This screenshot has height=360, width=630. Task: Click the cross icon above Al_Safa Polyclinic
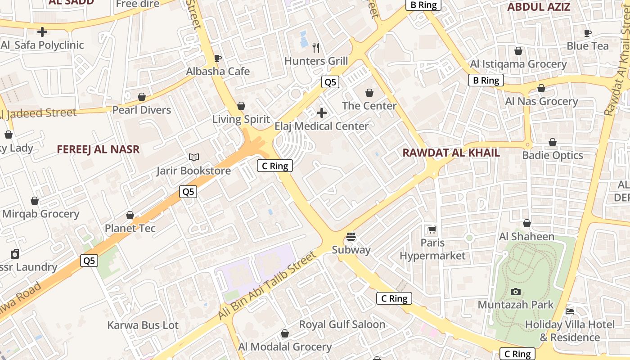tap(42, 32)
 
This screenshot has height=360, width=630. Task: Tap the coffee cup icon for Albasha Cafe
tap(218, 58)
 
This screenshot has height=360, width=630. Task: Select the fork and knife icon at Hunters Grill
tap(316, 47)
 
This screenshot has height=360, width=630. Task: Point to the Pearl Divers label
tap(142, 110)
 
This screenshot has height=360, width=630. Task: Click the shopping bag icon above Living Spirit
tap(241, 106)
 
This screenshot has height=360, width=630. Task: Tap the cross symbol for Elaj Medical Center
tap(322, 113)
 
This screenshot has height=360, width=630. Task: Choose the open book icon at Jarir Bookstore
tap(194, 157)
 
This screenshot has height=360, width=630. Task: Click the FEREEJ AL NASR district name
tap(98, 149)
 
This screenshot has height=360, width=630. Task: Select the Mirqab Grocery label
tap(41, 214)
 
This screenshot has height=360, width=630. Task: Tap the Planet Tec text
tap(130, 228)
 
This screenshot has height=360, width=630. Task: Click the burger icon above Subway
tap(351, 237)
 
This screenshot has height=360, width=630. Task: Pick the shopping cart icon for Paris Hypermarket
tap(432, 230)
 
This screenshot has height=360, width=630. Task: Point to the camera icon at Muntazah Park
tap(516, 292)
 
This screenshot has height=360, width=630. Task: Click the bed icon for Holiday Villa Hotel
tap(570, 311)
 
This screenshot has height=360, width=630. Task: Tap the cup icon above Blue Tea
tap(587, 33)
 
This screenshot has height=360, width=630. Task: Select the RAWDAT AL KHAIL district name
tap(451, 153)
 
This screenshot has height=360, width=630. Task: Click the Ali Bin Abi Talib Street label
tap(267, 287)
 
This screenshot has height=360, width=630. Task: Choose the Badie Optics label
tap(553, 156)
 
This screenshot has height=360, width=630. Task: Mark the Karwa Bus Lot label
tap(143, 325)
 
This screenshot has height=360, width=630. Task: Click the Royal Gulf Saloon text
tap(342, 324)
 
